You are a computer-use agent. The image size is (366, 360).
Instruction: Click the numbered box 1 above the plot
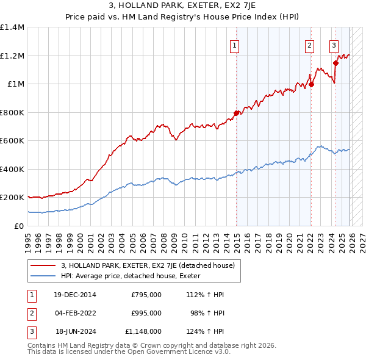[235, 44]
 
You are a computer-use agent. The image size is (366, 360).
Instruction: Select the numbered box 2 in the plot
[310, 44]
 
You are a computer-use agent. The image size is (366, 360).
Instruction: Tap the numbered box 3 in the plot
[334, 44]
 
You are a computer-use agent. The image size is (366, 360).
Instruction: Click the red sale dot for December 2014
[237, 113]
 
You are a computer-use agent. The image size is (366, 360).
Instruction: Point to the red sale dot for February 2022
[311, 84]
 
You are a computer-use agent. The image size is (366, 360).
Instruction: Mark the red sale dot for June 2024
[335, 63]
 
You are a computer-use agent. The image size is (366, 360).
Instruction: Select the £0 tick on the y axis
[18, 226]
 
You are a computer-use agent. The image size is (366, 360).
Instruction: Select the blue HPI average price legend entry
[135, 276]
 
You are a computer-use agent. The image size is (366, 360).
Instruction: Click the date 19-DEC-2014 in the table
[75, 295]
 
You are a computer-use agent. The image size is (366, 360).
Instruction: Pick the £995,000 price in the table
[146, 313]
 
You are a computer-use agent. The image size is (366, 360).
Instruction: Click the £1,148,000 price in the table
[143, 331]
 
